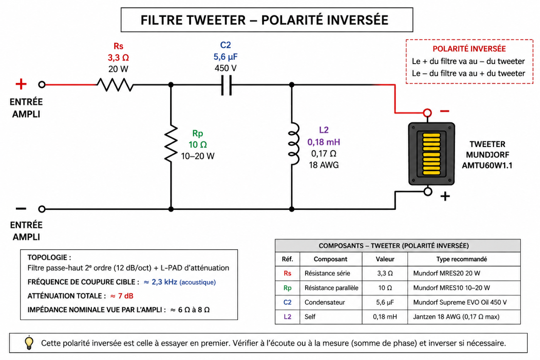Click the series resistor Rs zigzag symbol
click(115, 85)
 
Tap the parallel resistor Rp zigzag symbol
click(171, 143)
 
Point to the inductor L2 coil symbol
click(294, 144)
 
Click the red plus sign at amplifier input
click(21, 84)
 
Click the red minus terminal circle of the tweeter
click(427, 113)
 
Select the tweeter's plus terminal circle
click(428, 192)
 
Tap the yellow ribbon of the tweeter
click(432, 154)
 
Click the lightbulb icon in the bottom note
click(29, 343)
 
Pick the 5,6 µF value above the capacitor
click(225, 57)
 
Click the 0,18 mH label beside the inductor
click(324, 142)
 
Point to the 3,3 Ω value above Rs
click(118, 57)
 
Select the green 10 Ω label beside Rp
click(197, 144)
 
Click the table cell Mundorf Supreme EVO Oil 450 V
click(460, 302)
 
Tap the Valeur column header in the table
click(385, 259)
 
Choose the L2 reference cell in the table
click(287, 317)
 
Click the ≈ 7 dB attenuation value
click(122, 296)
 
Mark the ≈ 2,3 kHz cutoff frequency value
click(160, 282)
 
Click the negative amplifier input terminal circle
click(42, 209)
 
